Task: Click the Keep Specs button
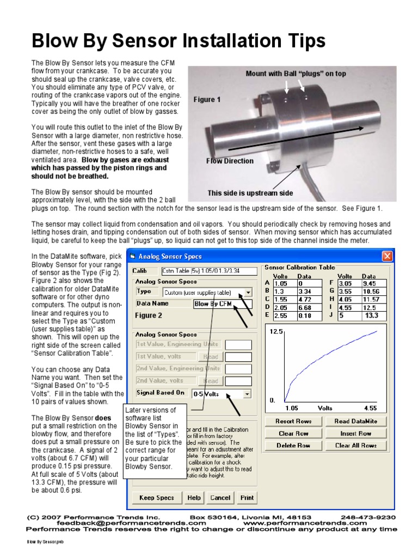tap(157, 498)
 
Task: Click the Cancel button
tap(220, 498)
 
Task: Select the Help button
tap(194, 498)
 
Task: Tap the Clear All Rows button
tap(356, 446)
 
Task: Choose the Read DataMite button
tap(356, 421)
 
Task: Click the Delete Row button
tap(293, 446)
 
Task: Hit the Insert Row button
tap(356, 434)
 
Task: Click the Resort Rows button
tap(293, 421)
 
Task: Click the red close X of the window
tap(387, 256)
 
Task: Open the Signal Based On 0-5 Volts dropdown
tap(248, 393)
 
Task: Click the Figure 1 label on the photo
tap(207, 100)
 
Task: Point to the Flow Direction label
tap(230, 161)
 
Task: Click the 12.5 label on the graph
tap(276, 332)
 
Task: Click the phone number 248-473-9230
tap(368, 517)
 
